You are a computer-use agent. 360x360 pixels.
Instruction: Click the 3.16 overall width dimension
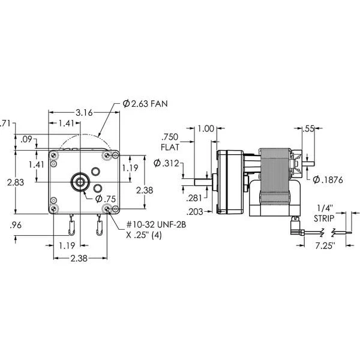point(83,112)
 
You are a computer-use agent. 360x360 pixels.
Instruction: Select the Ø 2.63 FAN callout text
point(145,104)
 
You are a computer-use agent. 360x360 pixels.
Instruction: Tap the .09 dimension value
point(26,139)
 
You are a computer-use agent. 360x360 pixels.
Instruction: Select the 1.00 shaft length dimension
point(206,128)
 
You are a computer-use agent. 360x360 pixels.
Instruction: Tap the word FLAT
point(169,146)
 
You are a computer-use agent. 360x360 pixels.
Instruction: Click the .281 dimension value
point(178,197)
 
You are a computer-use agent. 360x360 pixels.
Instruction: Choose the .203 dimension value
point(178,211)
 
